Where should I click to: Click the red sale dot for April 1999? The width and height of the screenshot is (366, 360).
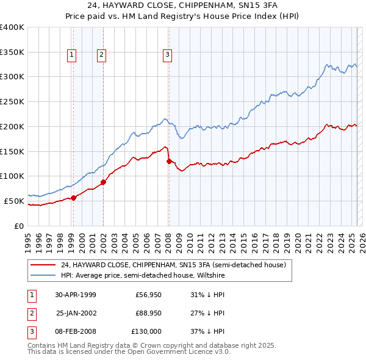click(x=73, y=197)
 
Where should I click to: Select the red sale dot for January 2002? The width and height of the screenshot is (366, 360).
click(x=103, y=181)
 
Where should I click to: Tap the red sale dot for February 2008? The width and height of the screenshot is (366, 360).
click(x=169, y=161)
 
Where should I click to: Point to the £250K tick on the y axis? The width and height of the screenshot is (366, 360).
click(x=12, y=101)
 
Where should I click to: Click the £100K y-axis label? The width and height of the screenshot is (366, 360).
click(x=12, y=176)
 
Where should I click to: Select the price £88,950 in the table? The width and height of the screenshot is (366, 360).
click(x=148, y=313)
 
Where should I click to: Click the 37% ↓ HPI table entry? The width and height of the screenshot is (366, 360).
click(x=208, y=331)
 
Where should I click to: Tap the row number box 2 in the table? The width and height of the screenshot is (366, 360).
click(x=30, y=313)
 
